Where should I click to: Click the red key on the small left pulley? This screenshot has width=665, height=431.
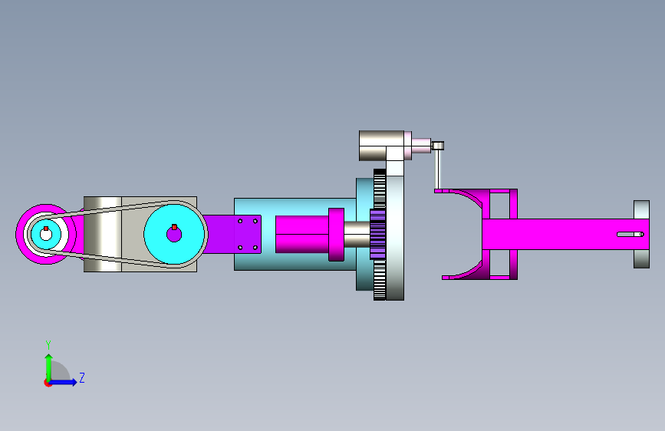click(46, 229)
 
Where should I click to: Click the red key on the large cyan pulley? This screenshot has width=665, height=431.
click(174, 227)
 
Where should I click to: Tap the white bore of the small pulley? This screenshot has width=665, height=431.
click(46, 235)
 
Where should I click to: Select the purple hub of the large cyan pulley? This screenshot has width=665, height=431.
click(174, 234)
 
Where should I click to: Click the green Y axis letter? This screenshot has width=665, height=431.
click(48, 344)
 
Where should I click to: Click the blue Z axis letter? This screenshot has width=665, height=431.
click(82, 377)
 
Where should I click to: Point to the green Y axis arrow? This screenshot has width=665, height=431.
click(49, 368)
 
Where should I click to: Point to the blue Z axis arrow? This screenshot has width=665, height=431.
click(63, 382)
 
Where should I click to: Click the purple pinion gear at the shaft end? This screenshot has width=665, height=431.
click(377, 234)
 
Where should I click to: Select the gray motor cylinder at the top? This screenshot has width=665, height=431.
click(381, 146)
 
